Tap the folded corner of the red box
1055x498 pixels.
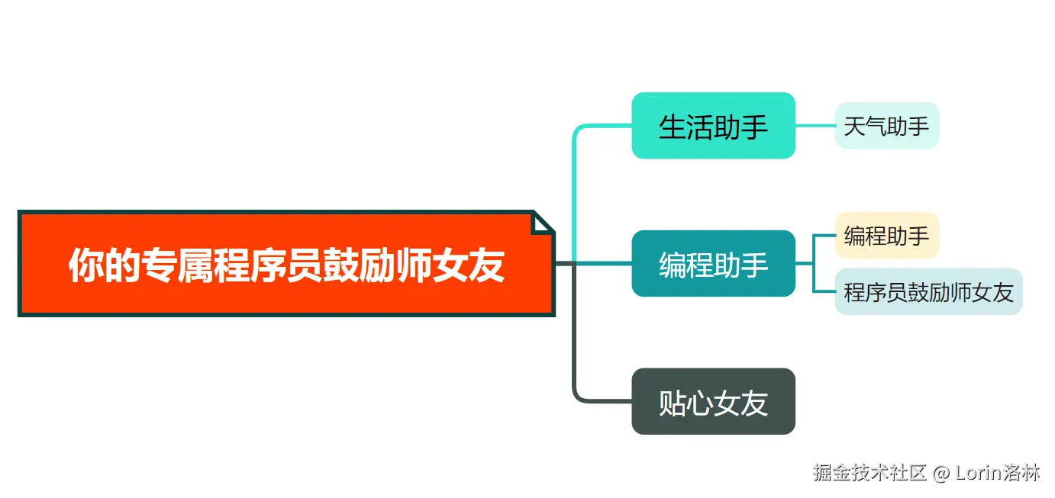tap(541, 222)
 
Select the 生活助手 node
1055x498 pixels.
tap(713, 126)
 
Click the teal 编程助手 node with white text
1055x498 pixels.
tap(713, 264)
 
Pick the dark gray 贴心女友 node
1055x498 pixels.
tap(713, 402)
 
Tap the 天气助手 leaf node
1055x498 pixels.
tap(886, 125)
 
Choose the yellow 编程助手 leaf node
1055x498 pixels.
tap(886, 236)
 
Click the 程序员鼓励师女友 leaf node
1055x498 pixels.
tap(928, 291)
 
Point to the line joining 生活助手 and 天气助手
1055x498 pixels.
tap(815, 125)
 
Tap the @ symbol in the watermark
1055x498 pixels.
tap(942, 473)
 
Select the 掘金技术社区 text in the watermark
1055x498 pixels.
tap(869, 473)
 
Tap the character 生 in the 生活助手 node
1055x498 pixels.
tap(673, 127)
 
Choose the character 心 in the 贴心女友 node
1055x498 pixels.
tap(700, 403)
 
